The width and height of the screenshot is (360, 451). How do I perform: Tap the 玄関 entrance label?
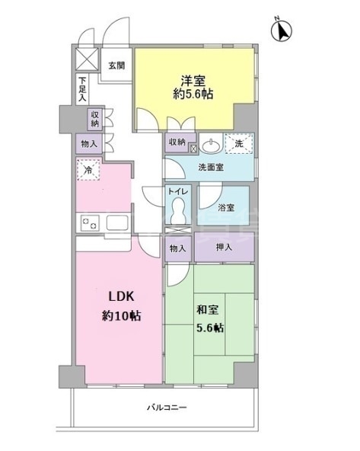tap(116, 66)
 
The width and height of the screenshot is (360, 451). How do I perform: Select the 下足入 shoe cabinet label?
tap(82, 89)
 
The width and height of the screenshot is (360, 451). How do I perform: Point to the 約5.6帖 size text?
tap(194, 96)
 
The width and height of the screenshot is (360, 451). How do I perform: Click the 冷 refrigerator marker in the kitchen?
tap(88, 171)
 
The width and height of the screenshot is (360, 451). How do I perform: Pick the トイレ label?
tap(178, 193)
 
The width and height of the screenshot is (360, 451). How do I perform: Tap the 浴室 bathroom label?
tap(226, 207)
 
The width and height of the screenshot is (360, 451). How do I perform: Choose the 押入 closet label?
tap(224, 248)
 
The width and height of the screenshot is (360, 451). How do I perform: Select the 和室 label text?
tap(207, 310)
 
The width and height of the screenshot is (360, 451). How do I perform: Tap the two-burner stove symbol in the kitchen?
tap(90, 222)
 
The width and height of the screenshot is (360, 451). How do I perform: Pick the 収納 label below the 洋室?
tap(177, 142)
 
